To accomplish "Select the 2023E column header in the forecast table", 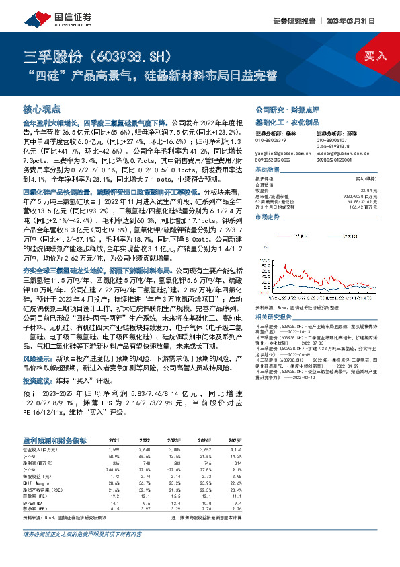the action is click(174, 440).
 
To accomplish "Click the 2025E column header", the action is click(235, 440).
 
